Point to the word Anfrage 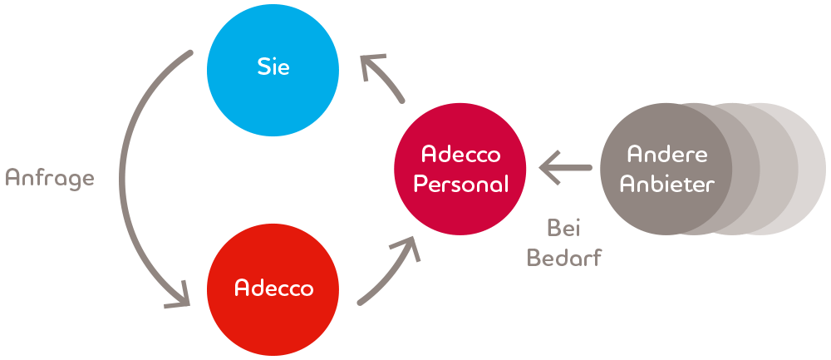point(50,179)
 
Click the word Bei point(564,228)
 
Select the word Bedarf point(565,257)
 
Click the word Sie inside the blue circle point(273,67)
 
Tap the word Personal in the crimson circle point(461,184)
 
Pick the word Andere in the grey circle point(668,155)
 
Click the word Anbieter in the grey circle point(668,184)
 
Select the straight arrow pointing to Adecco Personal point(565,168)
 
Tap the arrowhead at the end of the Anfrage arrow point(180,297)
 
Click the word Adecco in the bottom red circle point(274,288)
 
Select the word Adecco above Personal point(461,155)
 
